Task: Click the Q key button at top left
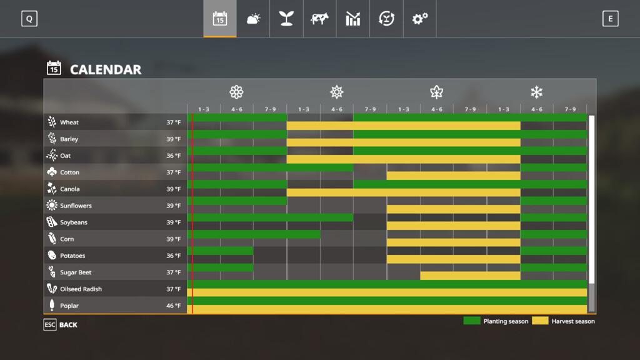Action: pyautogui.click(x=29, y=19)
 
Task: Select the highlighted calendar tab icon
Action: pyautogui.click(x=219, y=19)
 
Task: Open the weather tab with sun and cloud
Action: pyautogui.click(x=253, y=19)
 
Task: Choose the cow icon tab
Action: pyautogui.click(x=319, y=19)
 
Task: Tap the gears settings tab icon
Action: pyautogui.click(x=419, y=19)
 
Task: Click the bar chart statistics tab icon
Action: pyautogui.click(x=352, y=19)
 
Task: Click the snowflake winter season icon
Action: pyautogui.click(x=536, y=92)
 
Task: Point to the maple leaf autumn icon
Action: pyautogui.click(x=436, y=92)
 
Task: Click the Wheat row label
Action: pyautogui.click(x=69, y=122)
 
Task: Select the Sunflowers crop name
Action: pyautogui.click(x=76, y=206)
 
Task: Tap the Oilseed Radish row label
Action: pyautogui.click(x=81, y=289)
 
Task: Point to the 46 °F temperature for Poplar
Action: pyautogui.click(x=174, y=306)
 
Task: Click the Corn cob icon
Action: pyautogui.click(x=52, y=239)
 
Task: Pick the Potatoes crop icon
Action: pyautogui.click(x=52, y=256)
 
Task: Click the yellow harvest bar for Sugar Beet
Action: pyautogui.click(x=470, y=276)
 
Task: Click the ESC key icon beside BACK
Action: pyautogui.click(x=50, y=325)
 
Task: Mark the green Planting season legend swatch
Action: pyautogui.click(x=472, y=321)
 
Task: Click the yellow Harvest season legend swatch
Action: pyautogui.click(x=540, y=321)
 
